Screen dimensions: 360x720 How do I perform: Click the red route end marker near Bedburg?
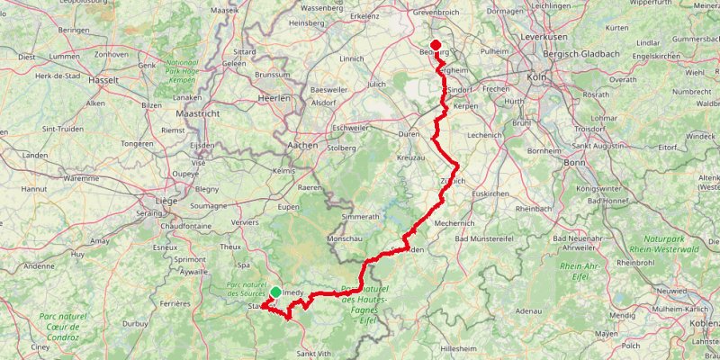(x=436, y=46)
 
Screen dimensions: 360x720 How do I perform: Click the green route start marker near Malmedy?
(x=275, y=292)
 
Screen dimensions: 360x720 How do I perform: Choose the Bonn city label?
(x=573, y=162)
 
